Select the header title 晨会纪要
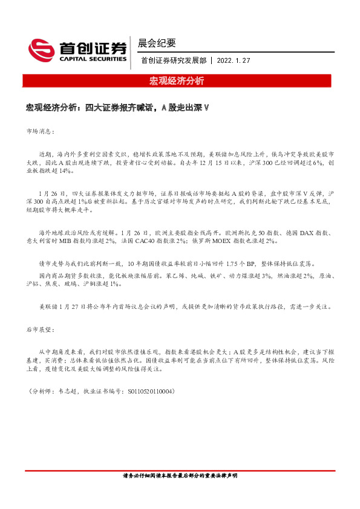coord(157,43)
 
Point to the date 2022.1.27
coord(233,61)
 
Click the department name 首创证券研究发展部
coord(174,61)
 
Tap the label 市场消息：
coord(41,130)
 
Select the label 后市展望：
coord(41,330)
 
